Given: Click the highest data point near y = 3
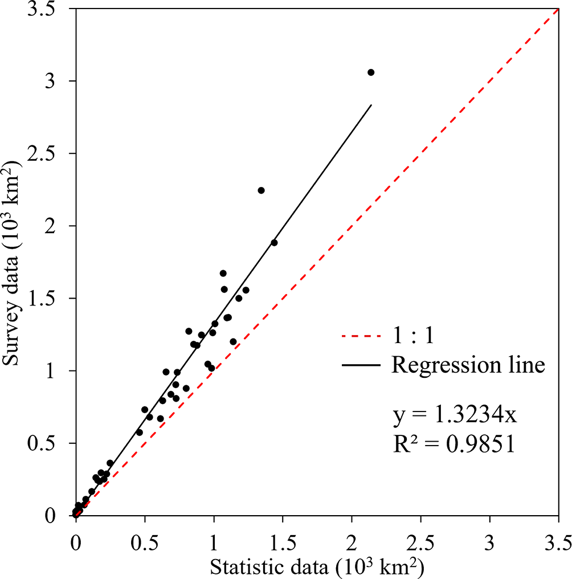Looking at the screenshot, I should pos(371,72).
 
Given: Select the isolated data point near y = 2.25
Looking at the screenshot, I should pos(261,190).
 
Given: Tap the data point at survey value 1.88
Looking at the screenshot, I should pos(274,243).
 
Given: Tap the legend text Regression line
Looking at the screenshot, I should pos(468,365).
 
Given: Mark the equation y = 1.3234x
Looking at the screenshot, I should pos(455,416).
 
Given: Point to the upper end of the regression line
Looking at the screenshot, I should pos(371,105).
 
